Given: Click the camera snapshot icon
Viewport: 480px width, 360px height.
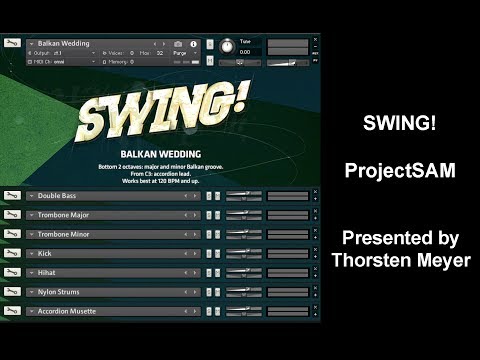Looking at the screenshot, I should (x=178, y=44).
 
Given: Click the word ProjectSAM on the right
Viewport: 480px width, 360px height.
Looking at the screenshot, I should (x=400, y=170).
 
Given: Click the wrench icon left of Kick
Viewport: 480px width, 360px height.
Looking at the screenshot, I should (x=12, y=253).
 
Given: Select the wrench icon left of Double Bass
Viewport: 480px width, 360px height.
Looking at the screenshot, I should (x=12, y=196).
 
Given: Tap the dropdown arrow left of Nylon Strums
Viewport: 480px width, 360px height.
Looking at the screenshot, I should (x=31, y=292).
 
